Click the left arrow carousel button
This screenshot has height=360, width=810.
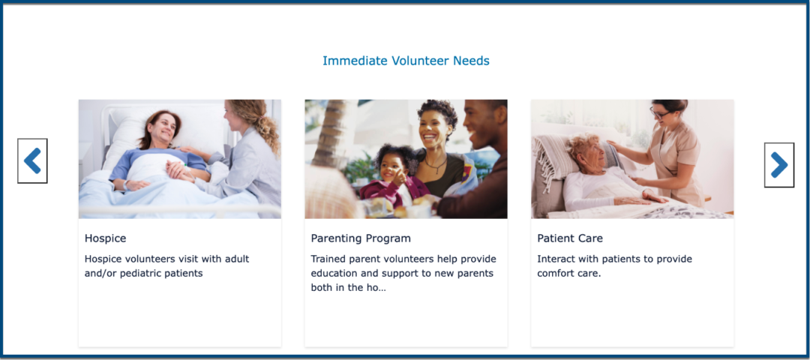(32, 160)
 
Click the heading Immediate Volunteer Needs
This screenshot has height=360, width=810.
(406, 61)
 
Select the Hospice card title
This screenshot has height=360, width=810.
(106, 238)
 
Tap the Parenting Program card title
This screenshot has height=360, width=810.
(361, 238)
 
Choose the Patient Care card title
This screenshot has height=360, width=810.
(570, 238)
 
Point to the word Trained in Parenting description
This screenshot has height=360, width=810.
(326, 259)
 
